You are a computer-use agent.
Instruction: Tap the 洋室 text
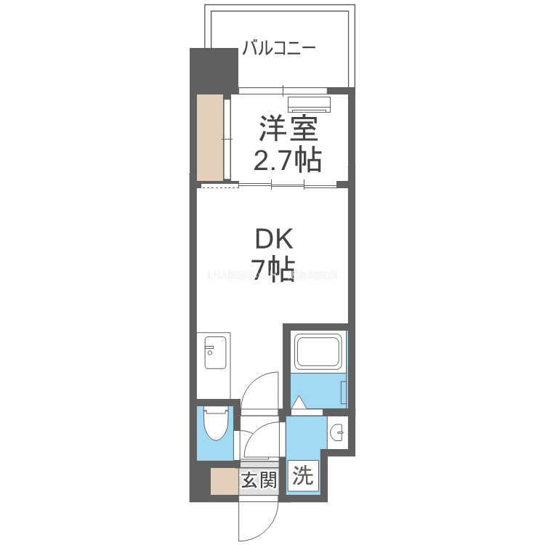coord(288,131)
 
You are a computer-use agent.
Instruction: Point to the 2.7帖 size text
coord(288,159)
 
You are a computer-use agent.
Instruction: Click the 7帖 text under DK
coord(272,270)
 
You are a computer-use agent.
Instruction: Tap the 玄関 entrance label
coord(259,480)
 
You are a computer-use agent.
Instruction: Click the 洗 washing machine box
coord(303,477)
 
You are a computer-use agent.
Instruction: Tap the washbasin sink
coord(339,434)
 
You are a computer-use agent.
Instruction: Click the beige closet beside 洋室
coord(211,137)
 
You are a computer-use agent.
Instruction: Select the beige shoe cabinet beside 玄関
coord(223,481)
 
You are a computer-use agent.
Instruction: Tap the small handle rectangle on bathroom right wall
coord(345,388)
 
